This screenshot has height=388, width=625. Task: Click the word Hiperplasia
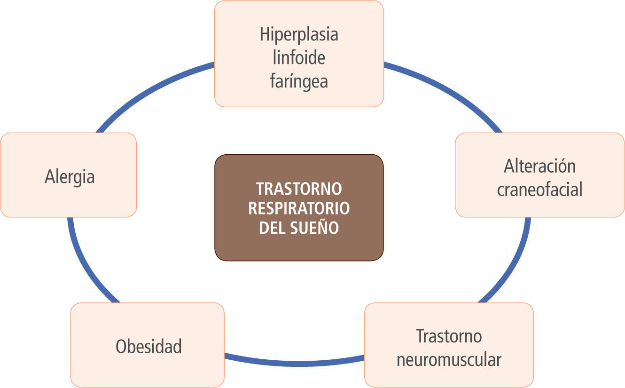point(299,35)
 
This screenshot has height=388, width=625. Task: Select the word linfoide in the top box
point(299,58)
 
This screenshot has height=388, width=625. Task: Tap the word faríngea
point(299,81)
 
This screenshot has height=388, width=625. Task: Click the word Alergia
point(70,177)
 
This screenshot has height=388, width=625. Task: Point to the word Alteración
point(539,166)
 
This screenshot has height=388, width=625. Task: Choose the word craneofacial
point(539,189)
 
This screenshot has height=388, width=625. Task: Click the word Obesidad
point(148,347)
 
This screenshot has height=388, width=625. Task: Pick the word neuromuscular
point(449,360)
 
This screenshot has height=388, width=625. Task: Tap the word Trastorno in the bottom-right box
point(449,336)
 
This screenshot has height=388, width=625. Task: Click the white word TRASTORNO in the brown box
point(299,189)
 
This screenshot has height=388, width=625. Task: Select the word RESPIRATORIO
point(299,208)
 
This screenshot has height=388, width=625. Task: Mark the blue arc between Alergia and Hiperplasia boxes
point(150,89)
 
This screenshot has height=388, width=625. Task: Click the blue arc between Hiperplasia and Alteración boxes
point(446,89)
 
